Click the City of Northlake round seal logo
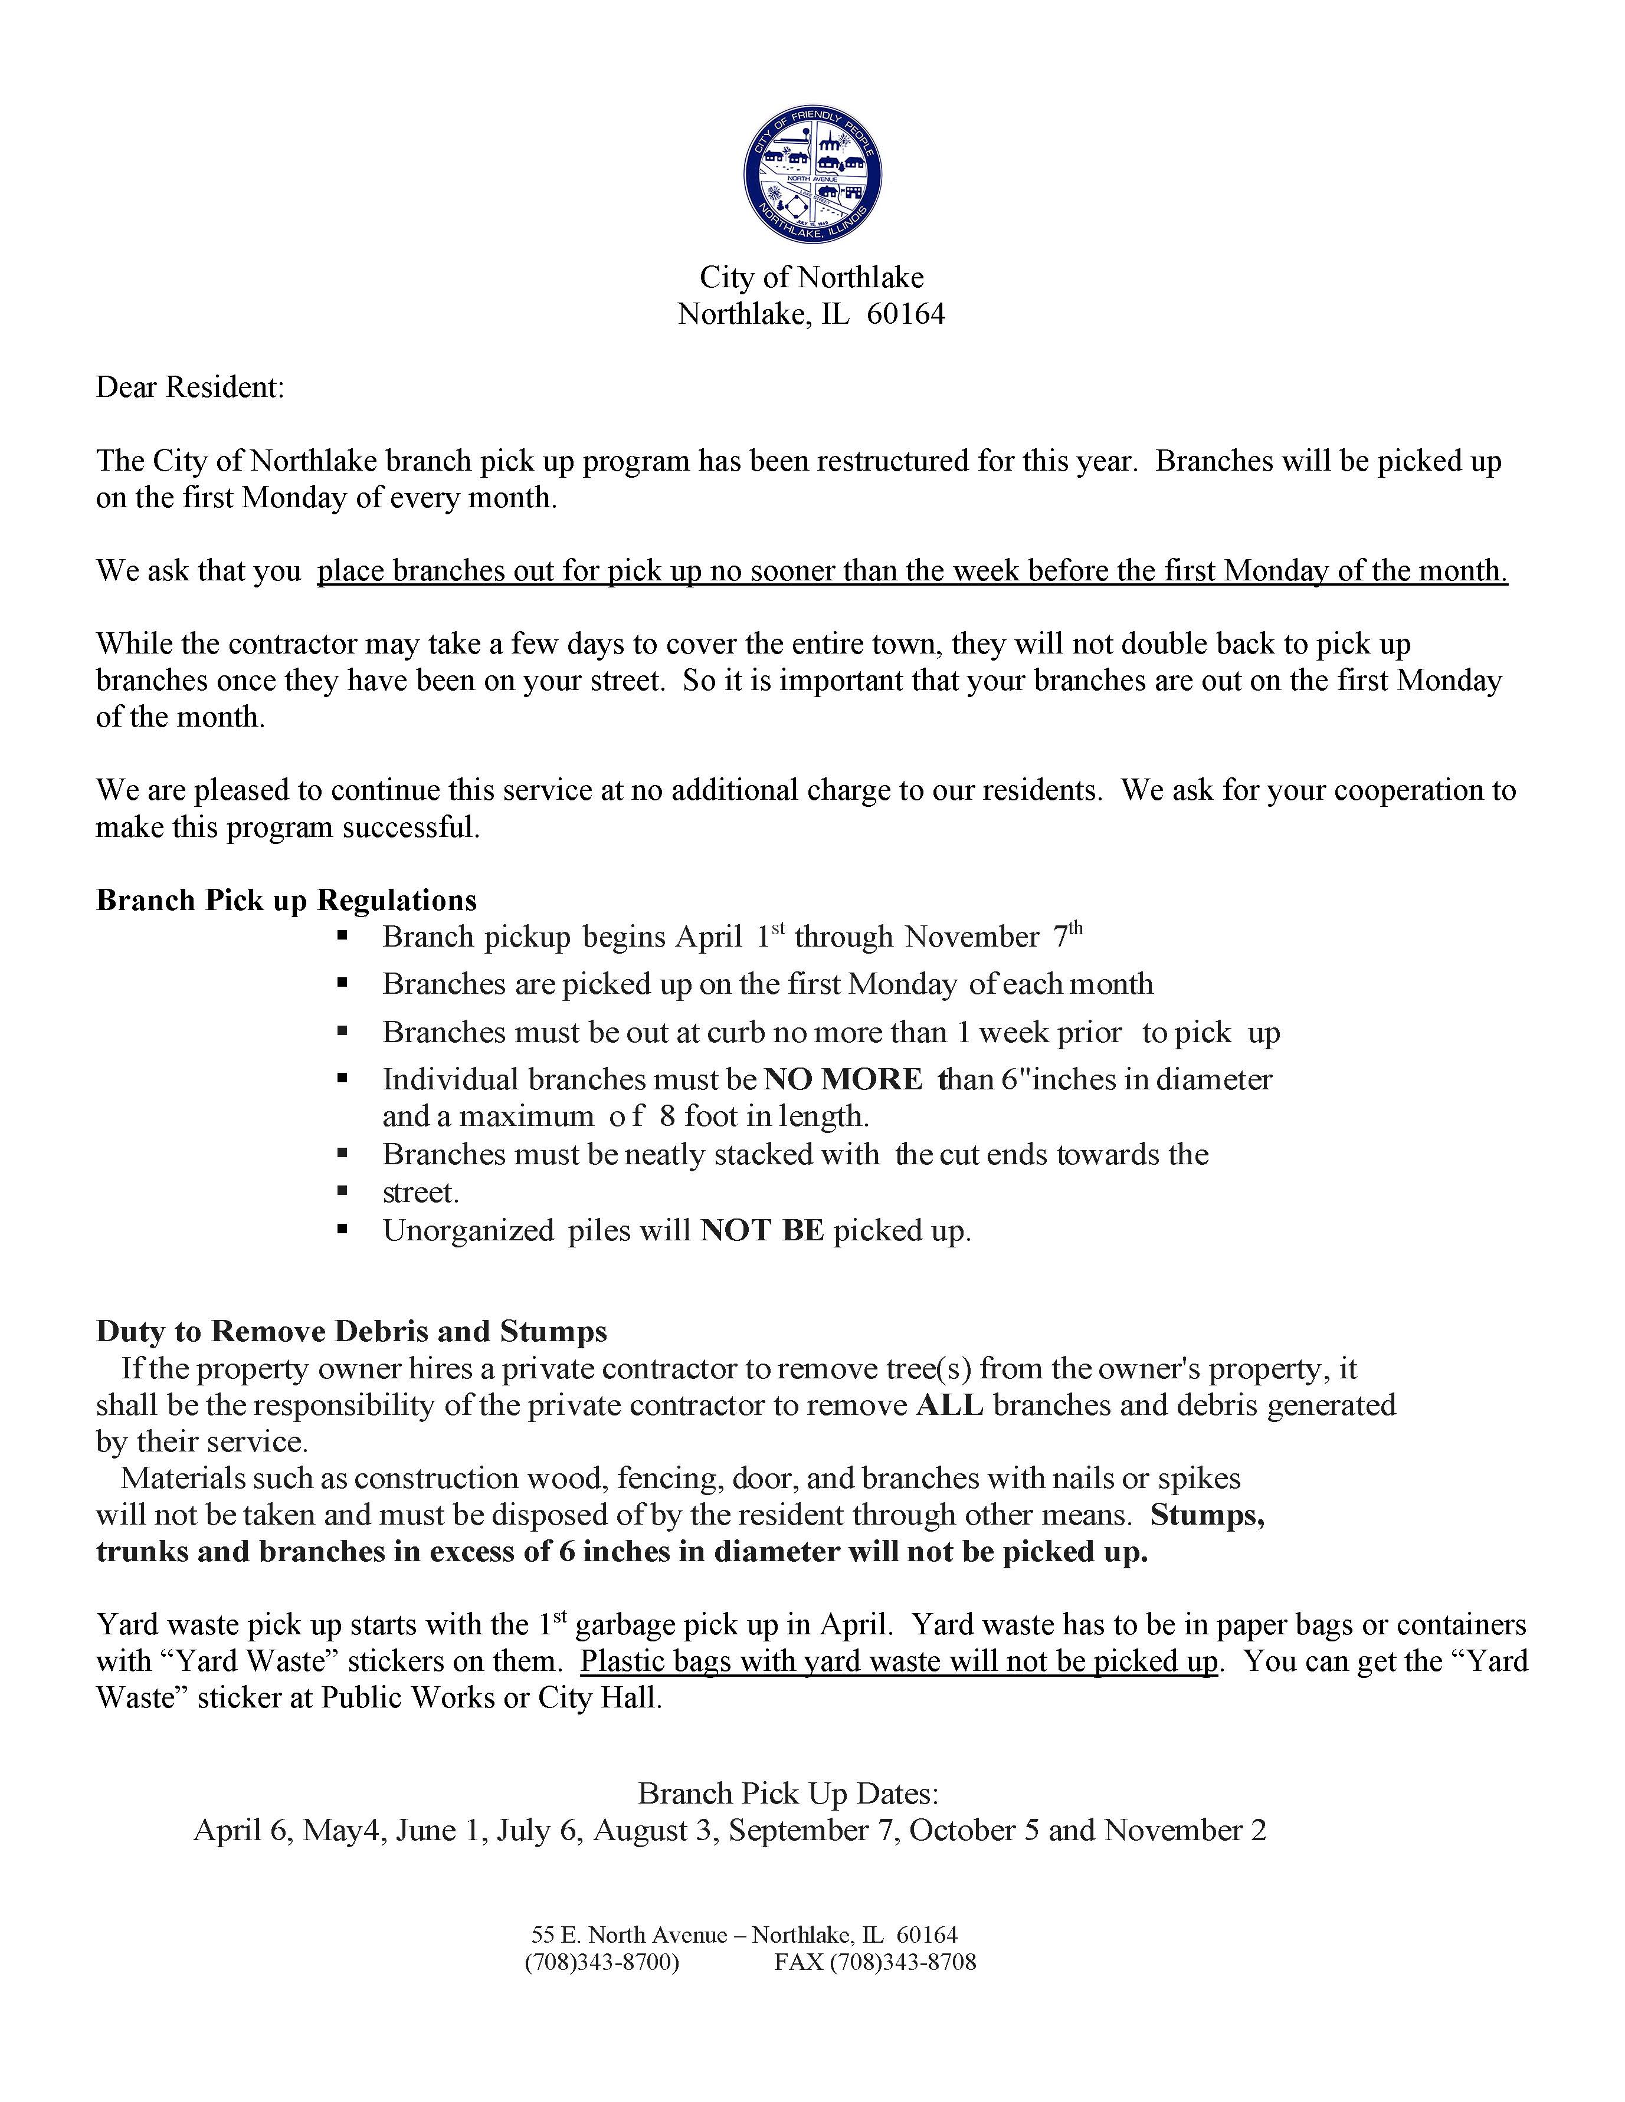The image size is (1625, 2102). (812, 174)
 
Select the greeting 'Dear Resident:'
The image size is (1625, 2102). (189, 388)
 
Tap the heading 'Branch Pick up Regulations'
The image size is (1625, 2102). (286, 901)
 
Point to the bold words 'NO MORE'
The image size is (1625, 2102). (843, 1080)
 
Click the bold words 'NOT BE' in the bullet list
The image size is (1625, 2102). (762, 1231)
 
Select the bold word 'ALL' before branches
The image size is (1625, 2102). (949, 1405)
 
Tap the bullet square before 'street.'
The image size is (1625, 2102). (342, 1191)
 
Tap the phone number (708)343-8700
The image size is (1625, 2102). (602, 1962)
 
